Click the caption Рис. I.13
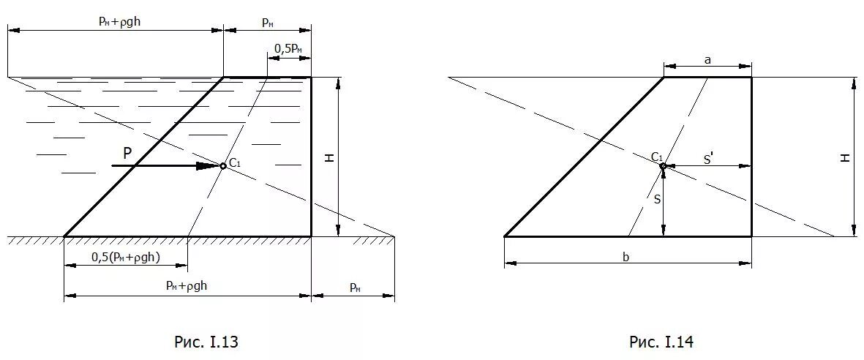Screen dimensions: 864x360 [206, 342]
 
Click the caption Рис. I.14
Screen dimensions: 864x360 [661, 342]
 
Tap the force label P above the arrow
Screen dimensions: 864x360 [127, 153]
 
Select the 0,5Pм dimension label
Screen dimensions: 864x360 [288, 48]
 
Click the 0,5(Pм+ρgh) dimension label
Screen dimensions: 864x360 [126, 257]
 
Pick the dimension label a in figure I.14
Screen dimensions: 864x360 [707, 61]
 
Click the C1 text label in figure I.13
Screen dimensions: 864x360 [235, 162]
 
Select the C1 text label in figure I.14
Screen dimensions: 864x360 [657, 157]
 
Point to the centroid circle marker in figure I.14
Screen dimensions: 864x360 [663, 167]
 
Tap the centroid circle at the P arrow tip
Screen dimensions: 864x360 [223, 166]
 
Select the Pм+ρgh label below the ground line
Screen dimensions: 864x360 [187, 286]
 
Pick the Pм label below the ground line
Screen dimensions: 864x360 [354, 288]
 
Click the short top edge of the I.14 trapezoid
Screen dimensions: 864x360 [707, 77]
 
